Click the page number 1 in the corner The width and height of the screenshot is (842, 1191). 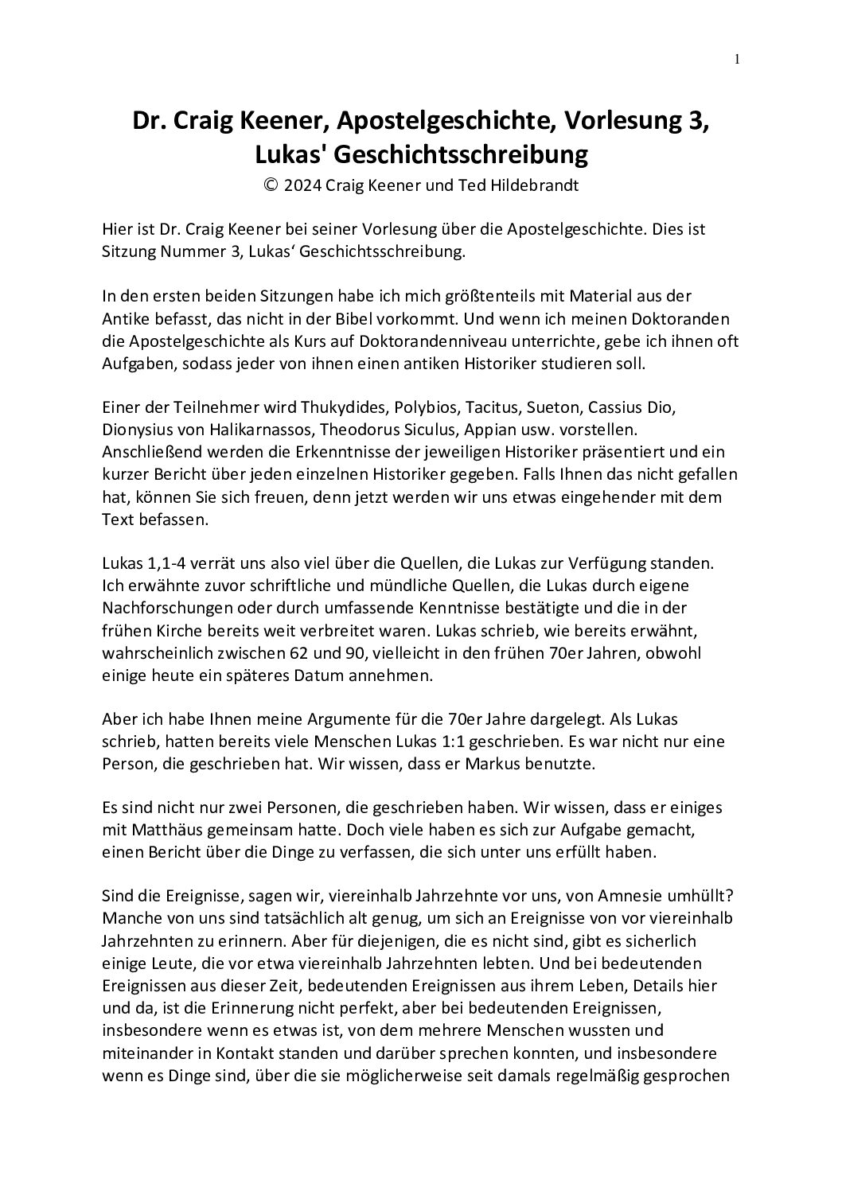click(738, 58)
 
